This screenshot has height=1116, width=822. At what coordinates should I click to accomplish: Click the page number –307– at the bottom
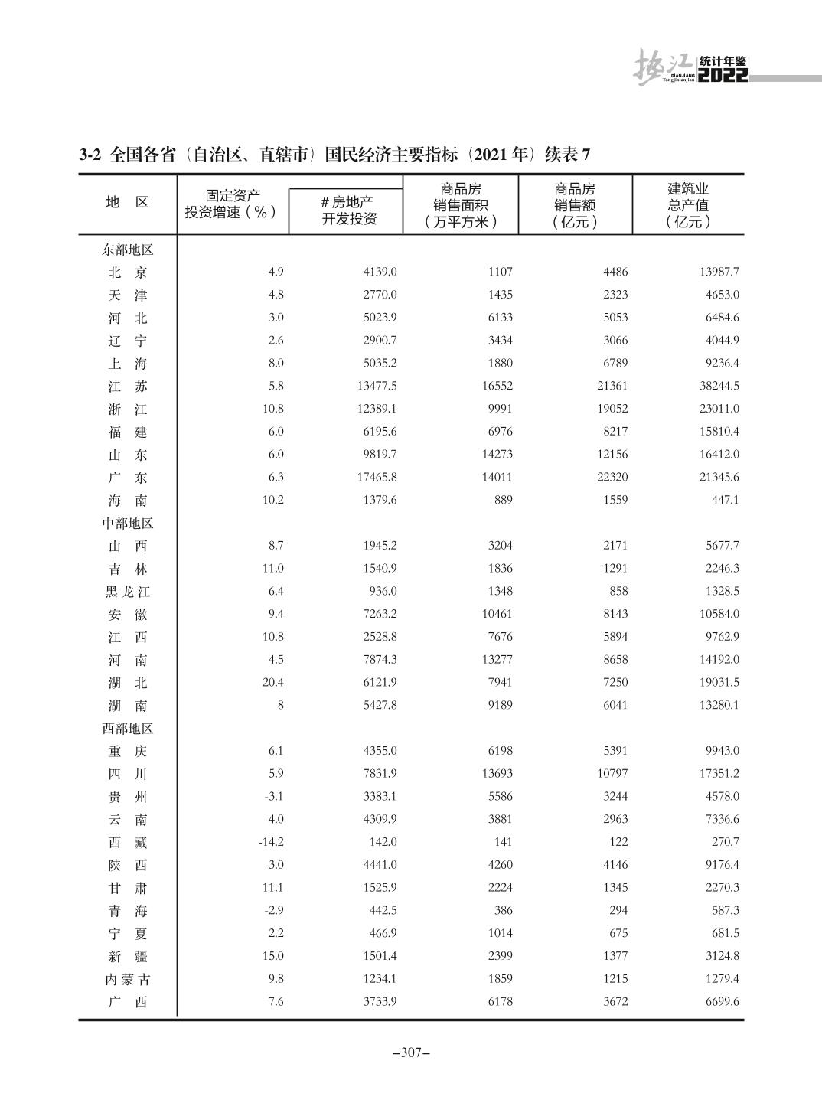coord(411,1053)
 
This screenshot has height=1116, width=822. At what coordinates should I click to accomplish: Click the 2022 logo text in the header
coord(723,75)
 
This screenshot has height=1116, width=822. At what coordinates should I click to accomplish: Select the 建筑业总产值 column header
coord(688,205)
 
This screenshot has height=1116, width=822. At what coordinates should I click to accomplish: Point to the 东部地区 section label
coord(128,250)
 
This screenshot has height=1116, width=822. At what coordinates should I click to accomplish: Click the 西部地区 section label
coord(128,729)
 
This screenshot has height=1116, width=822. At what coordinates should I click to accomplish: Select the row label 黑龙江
coord(128,592)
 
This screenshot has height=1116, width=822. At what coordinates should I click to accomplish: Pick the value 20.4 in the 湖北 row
coord(272,682)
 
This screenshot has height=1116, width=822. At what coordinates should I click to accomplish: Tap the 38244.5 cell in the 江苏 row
coord(719,387)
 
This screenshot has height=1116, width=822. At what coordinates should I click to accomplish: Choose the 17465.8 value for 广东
coord(377,477)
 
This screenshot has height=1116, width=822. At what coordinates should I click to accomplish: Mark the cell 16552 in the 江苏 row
coord(497,387)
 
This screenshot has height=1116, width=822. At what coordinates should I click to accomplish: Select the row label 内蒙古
coord(128,979)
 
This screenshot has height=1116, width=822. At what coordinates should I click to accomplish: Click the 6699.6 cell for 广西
coord(722,1001)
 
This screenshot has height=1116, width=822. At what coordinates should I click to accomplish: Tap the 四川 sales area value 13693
coord(497,774)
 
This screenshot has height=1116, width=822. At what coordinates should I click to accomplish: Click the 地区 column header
coord(127,202)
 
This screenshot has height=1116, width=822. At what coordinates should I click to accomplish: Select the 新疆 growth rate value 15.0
coord(272,956)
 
